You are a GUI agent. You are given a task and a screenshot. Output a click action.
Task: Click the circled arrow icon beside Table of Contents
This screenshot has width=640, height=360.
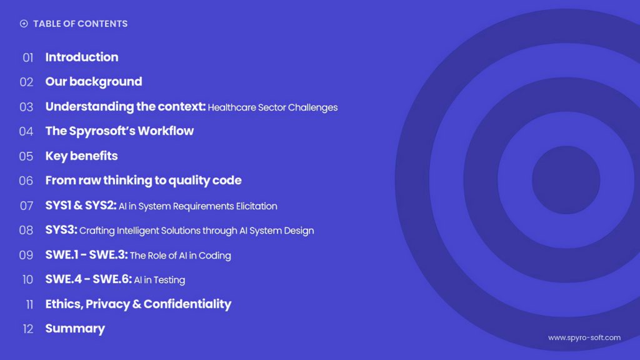[x=24, y=24]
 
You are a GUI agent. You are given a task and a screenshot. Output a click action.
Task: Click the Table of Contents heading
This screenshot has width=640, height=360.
[x=81, y=24]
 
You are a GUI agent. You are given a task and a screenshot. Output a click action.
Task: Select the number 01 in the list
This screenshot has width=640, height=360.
[x=27, y=57]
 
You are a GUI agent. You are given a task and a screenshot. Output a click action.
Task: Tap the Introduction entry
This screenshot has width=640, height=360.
[x=82, y=57]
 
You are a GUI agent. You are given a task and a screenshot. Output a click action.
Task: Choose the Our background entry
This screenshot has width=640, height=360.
[x=94, y=82]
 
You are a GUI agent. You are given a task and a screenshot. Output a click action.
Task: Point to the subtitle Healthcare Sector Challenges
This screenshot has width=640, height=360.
[x=272, y=107]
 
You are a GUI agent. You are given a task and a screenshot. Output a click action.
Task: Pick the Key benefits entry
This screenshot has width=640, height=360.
[x=81, y=156]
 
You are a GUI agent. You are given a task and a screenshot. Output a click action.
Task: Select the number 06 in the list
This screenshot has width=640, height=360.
[x=26, y=181]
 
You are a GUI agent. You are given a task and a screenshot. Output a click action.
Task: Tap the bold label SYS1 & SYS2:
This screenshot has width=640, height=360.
[x=81, y=205]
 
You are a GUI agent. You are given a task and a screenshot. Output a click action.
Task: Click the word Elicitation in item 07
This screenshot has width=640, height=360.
[x=256, y=206]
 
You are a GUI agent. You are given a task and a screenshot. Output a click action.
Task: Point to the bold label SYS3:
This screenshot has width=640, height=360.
[x=61, y=230]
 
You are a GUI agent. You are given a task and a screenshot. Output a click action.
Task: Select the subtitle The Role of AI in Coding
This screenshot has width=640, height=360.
[x=181, y=256]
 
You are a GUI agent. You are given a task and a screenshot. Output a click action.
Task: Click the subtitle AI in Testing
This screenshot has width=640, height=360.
[x=159, y=280]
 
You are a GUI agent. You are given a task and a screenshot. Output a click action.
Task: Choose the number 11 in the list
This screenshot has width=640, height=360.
[x=29, y=304]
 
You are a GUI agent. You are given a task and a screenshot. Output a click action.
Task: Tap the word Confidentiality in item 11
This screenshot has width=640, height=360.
[x=187, y=304]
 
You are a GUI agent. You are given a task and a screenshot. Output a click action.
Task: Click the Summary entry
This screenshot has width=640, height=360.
[x=75, y=329]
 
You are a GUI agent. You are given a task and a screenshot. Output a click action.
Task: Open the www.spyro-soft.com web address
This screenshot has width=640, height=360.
[x=584, y=337]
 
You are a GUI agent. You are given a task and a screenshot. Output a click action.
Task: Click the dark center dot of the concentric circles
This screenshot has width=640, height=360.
[x=566, y=180]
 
